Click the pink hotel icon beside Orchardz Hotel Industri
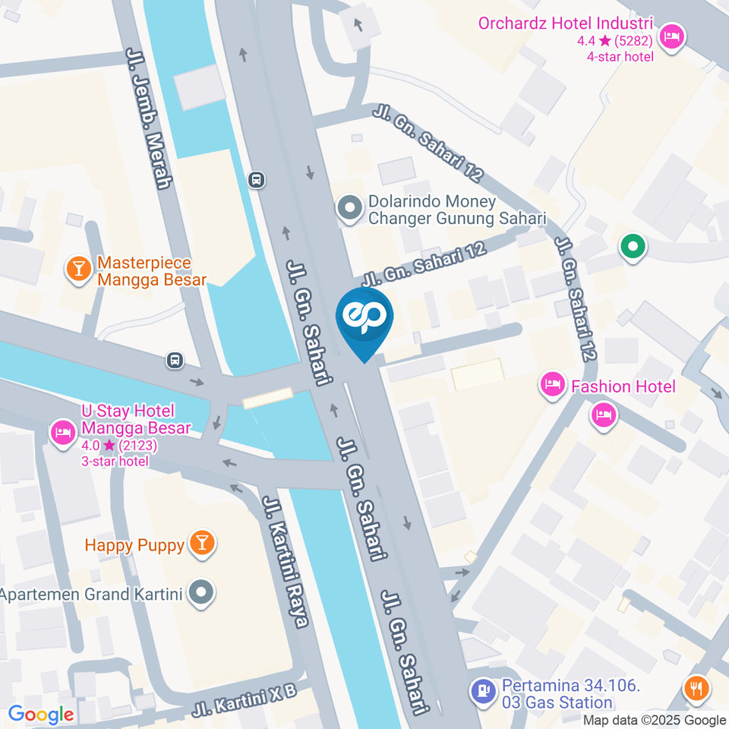671,36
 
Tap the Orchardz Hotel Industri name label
566,23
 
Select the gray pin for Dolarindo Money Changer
349,207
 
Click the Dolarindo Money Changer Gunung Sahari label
456,210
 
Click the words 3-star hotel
115,461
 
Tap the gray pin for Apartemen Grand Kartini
201,593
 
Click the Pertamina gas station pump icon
481,692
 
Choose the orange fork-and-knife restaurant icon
696,689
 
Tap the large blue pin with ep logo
364,319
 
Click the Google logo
41,714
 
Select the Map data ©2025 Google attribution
654,720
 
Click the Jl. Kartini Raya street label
285,562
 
